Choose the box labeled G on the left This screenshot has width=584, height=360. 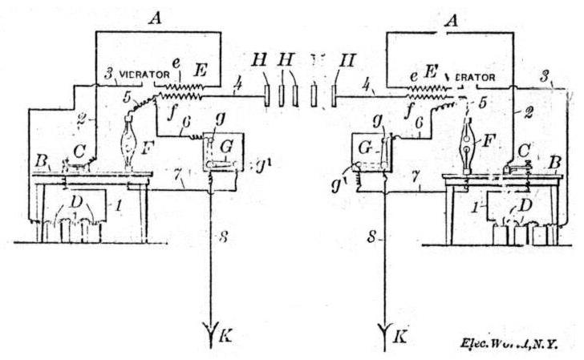216,151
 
